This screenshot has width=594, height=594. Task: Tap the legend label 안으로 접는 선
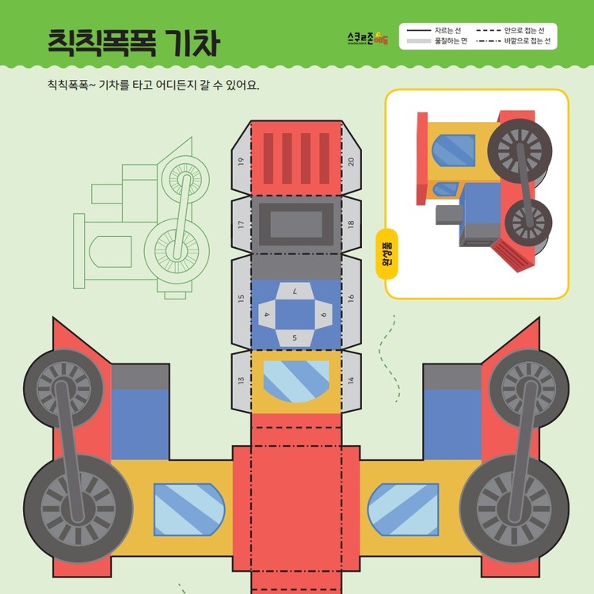click(x=524, y=29)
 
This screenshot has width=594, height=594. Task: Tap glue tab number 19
click(x=241, y=161)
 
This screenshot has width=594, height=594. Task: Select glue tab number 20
click(x=351, y=161)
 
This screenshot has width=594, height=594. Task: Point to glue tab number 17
click(x=241, y=224)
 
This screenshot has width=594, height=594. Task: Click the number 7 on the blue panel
click(x=295, y=291)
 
